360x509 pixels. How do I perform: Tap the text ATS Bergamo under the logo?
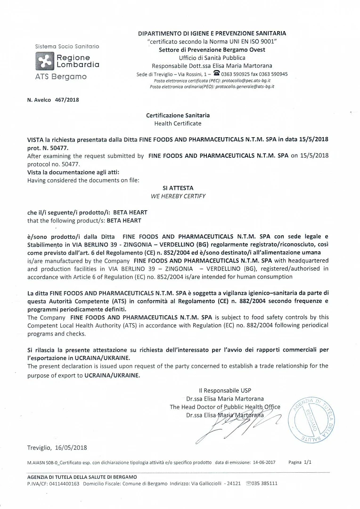[x=61, y=77]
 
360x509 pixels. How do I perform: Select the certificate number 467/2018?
[x=67, y=100]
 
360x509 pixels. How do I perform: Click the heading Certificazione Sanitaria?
[x=178, y=115]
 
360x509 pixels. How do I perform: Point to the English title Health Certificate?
[x=178, y=123]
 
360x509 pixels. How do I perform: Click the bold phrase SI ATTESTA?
[x=178, y=188]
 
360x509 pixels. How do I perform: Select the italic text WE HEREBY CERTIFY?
[x=178, y=196]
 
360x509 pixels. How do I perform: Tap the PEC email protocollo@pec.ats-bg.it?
[x=248, y=81]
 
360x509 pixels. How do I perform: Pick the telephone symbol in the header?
[x=217, y=74]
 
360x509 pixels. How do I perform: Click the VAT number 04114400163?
[x=63, y=483]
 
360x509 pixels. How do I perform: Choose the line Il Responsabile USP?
[x=225, y=390]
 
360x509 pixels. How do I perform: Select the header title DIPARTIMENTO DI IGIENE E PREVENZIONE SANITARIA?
[x=212, y=33]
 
